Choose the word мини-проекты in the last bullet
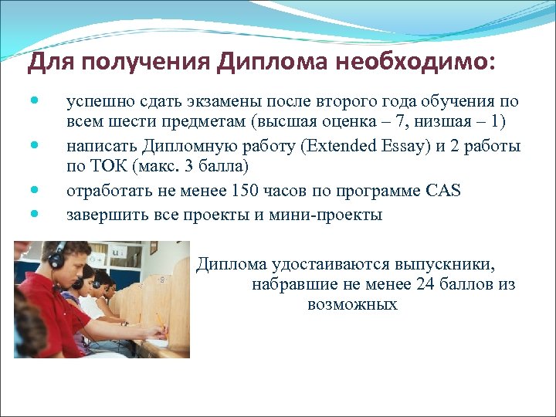(337, 215)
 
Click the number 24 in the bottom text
(425, 285)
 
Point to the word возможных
(352, 304)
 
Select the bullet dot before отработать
(32, 191)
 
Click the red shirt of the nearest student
(46, 309)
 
